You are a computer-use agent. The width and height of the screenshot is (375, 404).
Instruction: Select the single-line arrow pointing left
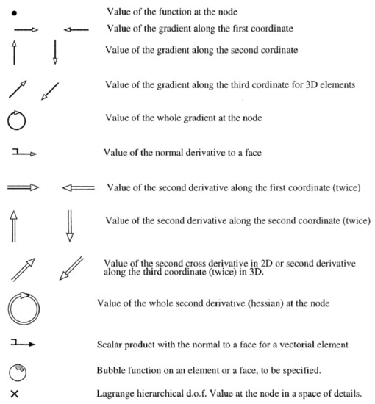coord(76,30)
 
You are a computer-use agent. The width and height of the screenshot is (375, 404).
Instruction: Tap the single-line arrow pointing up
coord(16,54)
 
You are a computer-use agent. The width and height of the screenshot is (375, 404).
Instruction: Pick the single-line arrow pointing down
coord(55,54)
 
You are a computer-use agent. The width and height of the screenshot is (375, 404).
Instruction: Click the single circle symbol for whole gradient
coord(17,119)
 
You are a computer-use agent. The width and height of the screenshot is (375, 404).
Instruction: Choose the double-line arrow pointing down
coord(70,226)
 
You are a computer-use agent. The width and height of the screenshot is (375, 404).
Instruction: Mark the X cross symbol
coord(15,394)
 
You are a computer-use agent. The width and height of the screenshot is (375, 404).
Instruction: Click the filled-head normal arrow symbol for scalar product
coord(24,342)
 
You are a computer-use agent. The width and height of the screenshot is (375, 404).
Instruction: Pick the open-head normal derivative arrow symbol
coord(24,153)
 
